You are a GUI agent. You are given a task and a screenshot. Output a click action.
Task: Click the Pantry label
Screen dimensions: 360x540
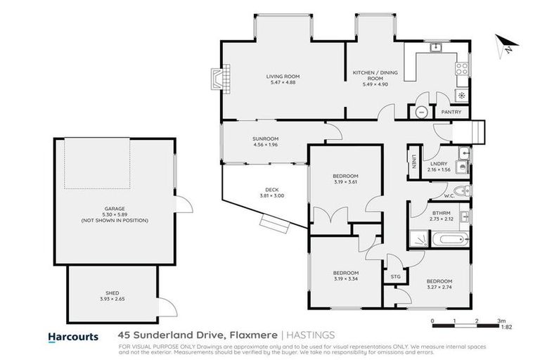(451, 112)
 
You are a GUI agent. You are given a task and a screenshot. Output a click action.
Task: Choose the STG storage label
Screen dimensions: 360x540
(395, 277)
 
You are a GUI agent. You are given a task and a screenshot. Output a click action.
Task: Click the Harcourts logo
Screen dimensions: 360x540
(73, 337)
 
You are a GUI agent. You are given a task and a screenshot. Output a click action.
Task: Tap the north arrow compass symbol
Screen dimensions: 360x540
(506, 46)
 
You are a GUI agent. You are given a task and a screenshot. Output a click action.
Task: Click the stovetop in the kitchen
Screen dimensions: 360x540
(462, 69)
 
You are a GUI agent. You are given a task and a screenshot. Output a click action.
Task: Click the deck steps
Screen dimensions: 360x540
(274, 223)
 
